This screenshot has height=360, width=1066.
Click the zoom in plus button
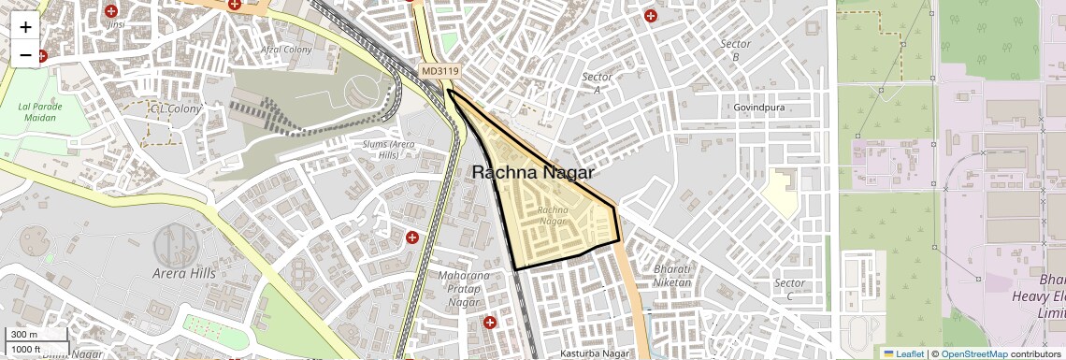(25, 26)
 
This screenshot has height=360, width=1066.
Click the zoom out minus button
(25, 54)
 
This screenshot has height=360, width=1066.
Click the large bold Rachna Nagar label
(533, 172)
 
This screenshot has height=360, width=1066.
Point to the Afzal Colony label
(286, 50)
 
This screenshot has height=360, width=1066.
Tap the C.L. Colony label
(176, 108)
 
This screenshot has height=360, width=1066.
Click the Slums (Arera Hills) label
(389, 149)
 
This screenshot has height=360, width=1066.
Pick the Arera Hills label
(184, 273)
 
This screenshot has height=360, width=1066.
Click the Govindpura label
(759, 108)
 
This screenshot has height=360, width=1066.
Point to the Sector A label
(597, 83)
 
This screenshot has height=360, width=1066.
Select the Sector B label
(736, 50)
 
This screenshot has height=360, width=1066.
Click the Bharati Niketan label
(673, 276)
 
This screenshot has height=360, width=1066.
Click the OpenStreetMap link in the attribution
(973, 353)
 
